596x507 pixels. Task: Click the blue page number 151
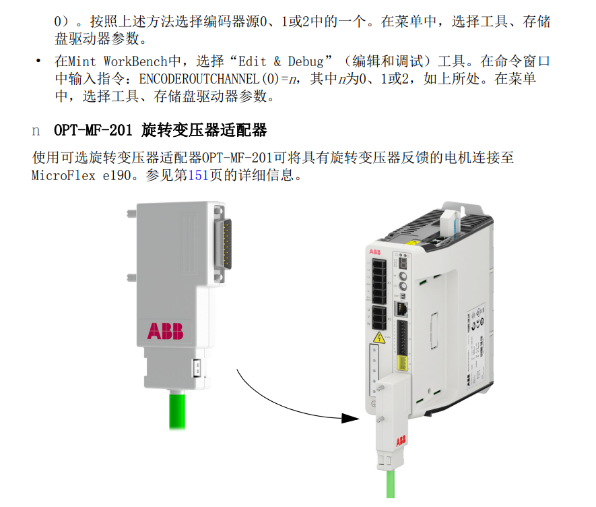point(198,175)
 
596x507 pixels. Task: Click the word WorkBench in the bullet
point(135,61)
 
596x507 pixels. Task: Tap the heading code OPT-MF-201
point(93,130)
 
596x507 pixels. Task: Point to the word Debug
point(306,61)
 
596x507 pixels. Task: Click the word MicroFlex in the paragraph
point(63,175)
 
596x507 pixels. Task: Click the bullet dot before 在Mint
point(38,61)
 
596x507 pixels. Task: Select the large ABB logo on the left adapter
point(166,331)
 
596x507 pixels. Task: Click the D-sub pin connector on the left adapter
point(224,244)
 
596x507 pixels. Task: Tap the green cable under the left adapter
point(177,411)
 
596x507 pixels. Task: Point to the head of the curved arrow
point(350,418)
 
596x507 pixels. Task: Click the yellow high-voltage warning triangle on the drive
point(379,338)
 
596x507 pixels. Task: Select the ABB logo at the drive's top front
point(375,252)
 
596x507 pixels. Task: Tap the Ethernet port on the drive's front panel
point(401,309)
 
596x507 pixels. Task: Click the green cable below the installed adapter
point(391,483)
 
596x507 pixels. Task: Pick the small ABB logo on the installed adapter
point(401,441)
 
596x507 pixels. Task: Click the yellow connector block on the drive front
point(402,363)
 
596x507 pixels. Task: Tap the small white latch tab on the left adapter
point(197,367)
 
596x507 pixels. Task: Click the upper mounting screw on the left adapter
point(132,214)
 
